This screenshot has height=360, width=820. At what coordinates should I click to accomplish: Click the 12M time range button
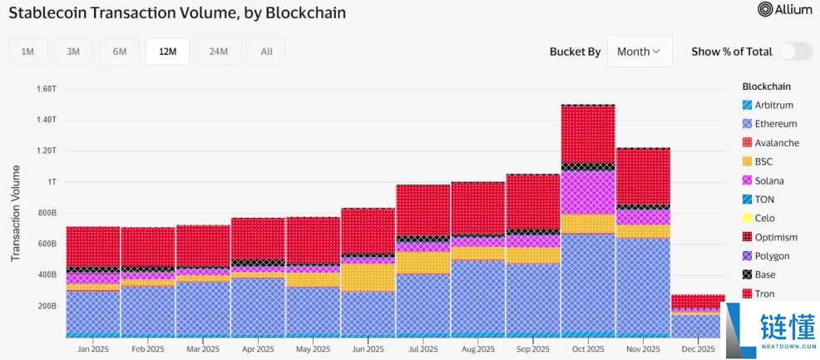point(167,52)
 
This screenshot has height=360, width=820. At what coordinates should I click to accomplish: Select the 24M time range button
point(219,52)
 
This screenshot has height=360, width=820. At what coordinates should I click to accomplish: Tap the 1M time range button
point(27,52)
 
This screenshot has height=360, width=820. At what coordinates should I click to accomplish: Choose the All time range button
point(266,52)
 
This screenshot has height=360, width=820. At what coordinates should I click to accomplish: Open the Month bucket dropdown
point(639,52)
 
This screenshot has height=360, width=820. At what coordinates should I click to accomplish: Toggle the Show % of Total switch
point(795,52)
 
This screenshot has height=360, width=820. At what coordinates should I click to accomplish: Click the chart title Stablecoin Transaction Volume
point(177,13)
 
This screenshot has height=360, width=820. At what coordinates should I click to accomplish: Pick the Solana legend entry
point(768,180)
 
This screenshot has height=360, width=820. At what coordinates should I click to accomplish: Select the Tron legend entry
point(765,293)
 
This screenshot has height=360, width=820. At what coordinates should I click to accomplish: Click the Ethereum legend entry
point(775,124)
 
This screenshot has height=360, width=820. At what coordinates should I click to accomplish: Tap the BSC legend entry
point(763,161)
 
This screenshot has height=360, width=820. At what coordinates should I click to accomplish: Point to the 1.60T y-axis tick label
point(46,88)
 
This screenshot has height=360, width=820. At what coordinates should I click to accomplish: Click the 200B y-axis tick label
point(46,306)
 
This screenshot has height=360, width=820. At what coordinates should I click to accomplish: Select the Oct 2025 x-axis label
point(587,349)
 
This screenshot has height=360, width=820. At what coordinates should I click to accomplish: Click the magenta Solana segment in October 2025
point(587,193)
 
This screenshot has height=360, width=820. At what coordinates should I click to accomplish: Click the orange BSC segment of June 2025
point(367,277)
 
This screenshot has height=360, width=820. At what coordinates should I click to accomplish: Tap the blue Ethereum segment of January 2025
point(92,312)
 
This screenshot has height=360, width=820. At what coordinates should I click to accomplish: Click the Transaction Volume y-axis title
point(16,213)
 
